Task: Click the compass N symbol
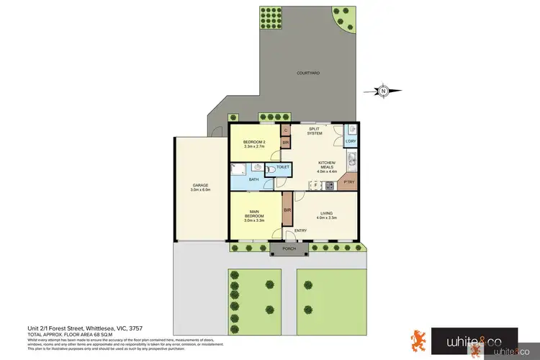(384, 91)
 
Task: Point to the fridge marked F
(314, 185)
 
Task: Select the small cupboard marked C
(286, 130)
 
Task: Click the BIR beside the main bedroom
(287, 210)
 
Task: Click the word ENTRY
(300, 230)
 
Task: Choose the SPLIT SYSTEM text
(315, 131)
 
